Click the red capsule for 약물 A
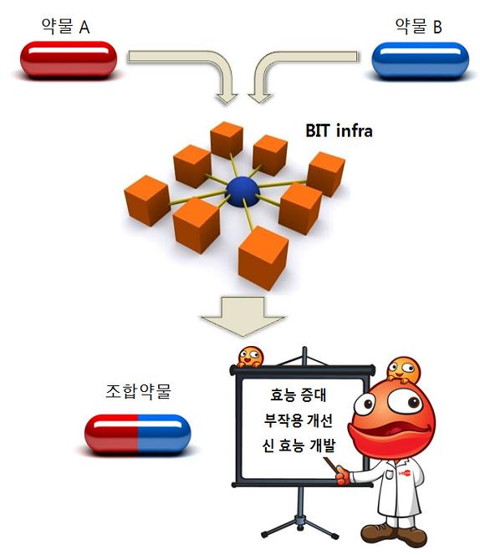(69, 59)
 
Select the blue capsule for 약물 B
(420, 59)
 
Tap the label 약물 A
(65, 27)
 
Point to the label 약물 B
(418, 27)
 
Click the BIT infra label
(339, 130)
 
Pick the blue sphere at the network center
(243, 191)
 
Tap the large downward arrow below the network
(243, 316)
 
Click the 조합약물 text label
(138, 391)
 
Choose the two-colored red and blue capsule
(137, 433)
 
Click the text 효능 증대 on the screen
(298, 395)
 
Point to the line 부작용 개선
(298, 420)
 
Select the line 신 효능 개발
(299, 446)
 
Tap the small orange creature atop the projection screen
(250, 357)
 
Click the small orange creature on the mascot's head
(403, 370)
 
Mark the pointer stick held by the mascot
(333, 465)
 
